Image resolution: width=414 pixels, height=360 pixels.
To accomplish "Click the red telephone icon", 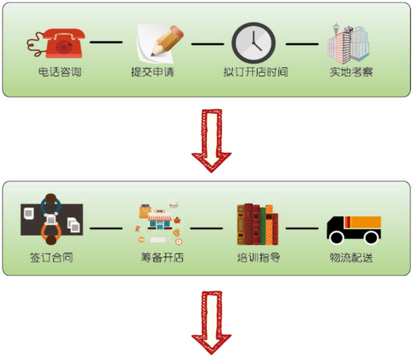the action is point(56,44).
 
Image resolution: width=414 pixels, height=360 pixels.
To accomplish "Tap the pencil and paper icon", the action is point(160,44).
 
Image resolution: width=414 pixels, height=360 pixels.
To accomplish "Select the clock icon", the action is point(254,43).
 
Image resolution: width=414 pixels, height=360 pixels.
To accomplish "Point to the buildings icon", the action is point(349,43).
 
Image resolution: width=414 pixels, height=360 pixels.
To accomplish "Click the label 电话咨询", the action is point(59,72).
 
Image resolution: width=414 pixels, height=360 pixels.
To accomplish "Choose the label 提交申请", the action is point(153,72).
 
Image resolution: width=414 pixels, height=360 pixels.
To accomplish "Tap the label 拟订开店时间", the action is point(256,72).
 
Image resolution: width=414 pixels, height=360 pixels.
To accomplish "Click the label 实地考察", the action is point(352,72).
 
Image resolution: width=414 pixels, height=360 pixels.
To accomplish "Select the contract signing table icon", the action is point(52,219).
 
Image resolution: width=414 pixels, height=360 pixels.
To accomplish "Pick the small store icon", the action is point(160,224).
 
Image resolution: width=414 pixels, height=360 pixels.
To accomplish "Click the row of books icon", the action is point(257,224).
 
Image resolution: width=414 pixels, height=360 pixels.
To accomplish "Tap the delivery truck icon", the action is point(354,230).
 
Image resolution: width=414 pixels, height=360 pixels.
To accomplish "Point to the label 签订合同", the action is point(51,258).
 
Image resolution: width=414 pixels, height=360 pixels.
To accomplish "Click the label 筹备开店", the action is point(162,258).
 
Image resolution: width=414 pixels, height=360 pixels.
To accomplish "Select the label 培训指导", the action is point(259,258).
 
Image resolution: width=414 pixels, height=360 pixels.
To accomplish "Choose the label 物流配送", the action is point(352,258).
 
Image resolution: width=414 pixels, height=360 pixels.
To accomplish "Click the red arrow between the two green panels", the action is point(212,141).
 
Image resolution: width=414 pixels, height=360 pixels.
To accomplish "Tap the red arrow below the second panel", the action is point(212,323).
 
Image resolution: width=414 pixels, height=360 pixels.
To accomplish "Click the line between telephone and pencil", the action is point(106,42).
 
